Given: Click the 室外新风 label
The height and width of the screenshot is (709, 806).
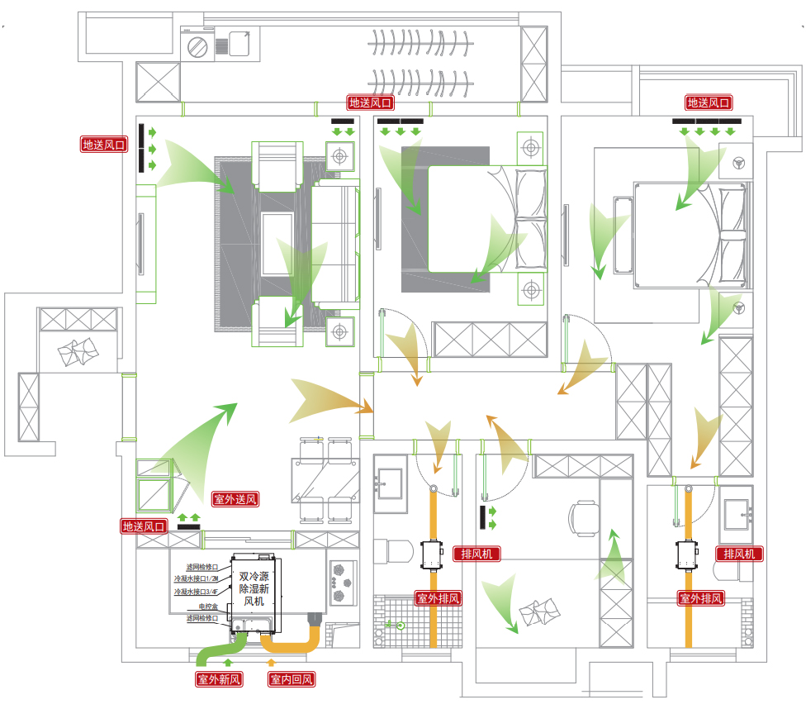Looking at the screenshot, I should tap(220, 679).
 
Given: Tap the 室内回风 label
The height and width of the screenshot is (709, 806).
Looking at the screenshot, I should tap(292, 679).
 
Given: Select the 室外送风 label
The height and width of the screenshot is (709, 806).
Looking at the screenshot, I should tap(236, 499).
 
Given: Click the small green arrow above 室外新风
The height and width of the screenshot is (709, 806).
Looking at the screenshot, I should tap(229, 664).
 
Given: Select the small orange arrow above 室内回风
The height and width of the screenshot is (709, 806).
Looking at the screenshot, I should tap(270, 664).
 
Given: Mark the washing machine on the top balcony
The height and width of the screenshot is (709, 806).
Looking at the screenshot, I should tap(198, 45).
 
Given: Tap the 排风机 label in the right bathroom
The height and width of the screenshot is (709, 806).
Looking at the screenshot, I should tap(739, 554).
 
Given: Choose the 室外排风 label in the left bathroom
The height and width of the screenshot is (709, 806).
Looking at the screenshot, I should tap(438, 598).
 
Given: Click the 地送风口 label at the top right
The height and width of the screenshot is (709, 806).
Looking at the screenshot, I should tap(709, 103).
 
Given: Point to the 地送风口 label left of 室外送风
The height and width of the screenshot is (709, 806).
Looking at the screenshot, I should tap(145, 526).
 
